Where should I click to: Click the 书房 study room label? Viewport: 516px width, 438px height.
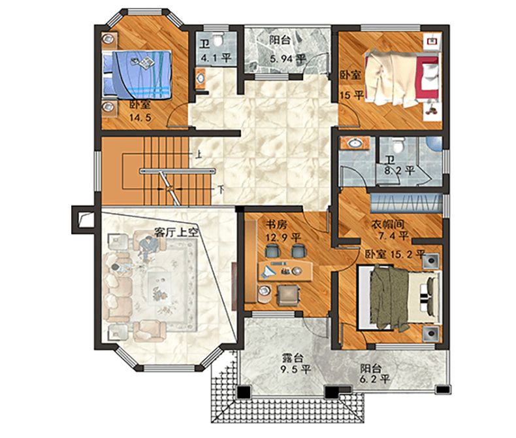click(x=277, y=225)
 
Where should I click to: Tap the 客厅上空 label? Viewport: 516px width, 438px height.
click(x=176, y=233)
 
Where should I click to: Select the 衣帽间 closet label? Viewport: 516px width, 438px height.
click(x=387, y=225)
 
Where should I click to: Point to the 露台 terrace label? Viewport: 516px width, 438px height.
click(x=293, y=358)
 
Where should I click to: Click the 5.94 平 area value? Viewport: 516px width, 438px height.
click(x=288, y=59)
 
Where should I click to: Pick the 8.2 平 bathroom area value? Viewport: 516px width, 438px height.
click(x=399, y=171)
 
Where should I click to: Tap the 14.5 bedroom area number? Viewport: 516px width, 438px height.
click(x=140, y=118)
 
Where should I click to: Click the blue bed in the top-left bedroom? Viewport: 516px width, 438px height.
click(x=138, y=75)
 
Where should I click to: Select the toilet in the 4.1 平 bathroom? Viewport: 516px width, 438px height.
click(x=218, y=39)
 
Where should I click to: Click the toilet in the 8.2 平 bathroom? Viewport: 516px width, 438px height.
click(x=398, y=144)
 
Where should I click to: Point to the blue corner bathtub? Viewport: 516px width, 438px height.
click(x=435, y=144)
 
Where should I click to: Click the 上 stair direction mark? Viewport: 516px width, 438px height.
click(x=199, y=154)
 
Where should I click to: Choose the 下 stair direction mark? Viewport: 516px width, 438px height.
click(x=221, y=190)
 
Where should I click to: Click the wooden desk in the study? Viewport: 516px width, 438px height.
click(x=285, y=271)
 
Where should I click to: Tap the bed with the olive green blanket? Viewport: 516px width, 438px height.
click(x=399, y=297)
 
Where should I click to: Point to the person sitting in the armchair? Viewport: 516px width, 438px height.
click(x=148, y=248)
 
